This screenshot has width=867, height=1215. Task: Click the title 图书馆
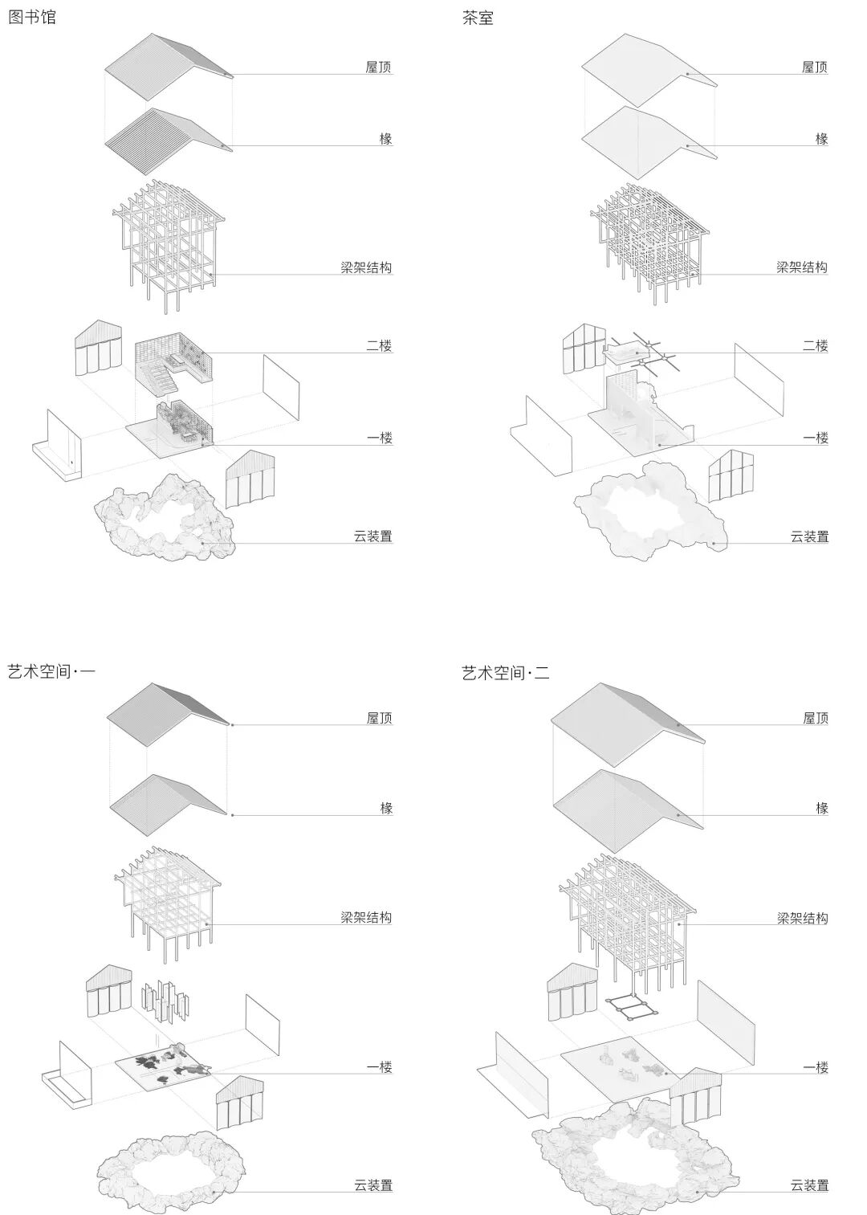pyautogui.click(x=32, y=17)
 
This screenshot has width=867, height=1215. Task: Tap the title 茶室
pyautogui.click(x=478, y=17)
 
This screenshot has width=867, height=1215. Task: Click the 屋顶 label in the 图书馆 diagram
pyautogui.click(x=378, y=67)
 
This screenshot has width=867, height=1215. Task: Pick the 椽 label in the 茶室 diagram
pyautogui.click(x=821, y=138)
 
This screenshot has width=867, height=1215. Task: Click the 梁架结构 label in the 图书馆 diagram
pyautogui.click(x=366, y=267)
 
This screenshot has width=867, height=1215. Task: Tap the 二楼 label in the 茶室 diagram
pyautogui.click(x=815, y=345)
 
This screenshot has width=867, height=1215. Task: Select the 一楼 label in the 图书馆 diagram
pyautogui.click(x=379, y=438)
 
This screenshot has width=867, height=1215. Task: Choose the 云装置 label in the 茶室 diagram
pyautogui.click(x=809, y=536)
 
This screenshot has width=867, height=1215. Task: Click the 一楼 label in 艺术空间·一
pyautogui.click(x=379, y=1067)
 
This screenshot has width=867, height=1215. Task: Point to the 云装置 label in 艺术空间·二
pyautogui.click(x=809, y=1184)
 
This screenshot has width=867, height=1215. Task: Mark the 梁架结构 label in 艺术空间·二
pyautogui.click(x=802, y=918)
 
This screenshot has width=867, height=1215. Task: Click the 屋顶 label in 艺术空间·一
pyautogui.click(x=379, y=718)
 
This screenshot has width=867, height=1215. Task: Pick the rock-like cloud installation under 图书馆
pyautogui.click(x=165, y=522)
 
